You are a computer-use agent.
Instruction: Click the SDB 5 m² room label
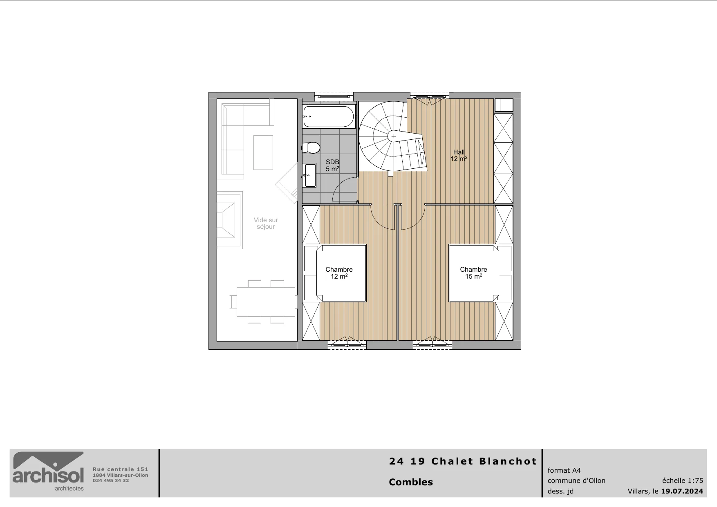(332, 165)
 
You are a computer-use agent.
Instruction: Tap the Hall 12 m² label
(459, 155)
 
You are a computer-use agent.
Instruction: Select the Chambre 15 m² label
(473, 273)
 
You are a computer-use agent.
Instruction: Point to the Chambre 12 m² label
(339, 273)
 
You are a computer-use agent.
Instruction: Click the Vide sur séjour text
(266, 223)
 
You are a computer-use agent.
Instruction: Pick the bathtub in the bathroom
(329, 117)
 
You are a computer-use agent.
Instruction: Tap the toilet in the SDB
(311, 147)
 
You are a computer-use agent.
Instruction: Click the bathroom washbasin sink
(309, 175)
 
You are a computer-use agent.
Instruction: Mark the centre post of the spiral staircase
(394, 136)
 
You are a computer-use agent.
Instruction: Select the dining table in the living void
(266, 302)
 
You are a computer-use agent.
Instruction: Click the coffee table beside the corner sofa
(263, 152)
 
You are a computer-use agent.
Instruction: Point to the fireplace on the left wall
(229, 220)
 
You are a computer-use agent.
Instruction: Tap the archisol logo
(48, 471)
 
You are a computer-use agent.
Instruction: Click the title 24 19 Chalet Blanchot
(463, 461)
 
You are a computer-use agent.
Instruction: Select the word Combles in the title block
(411, 482)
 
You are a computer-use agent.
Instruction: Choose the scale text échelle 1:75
(683, 480)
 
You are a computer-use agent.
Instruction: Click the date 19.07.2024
(682, 491)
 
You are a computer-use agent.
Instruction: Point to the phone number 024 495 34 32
(111, 480)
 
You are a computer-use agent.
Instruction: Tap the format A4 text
(564, 470)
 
